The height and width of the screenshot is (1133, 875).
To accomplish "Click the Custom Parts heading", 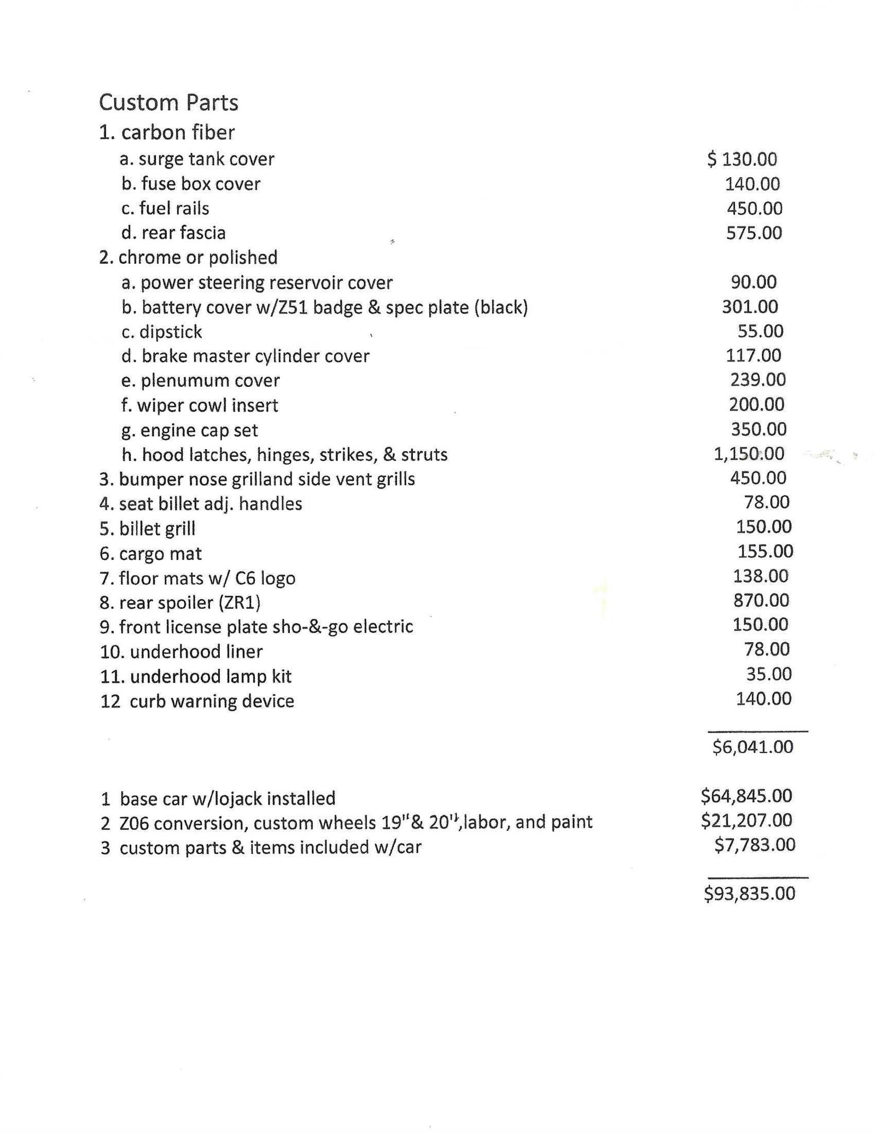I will click(168, 103).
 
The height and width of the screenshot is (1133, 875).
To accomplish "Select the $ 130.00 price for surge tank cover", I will click(742, 159).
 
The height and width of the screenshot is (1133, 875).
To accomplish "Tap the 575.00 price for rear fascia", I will click(754, 233).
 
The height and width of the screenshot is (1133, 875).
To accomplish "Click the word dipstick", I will click(171, 332).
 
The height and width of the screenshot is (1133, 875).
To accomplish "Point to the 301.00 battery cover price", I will click(750, 307).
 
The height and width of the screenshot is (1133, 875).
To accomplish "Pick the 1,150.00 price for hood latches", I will click(749, 454).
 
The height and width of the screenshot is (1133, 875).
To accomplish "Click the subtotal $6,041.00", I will click(752, 747).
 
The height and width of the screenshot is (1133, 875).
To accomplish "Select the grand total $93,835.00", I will click(749, 894).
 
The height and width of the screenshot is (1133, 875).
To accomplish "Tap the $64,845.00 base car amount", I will click(746, 795).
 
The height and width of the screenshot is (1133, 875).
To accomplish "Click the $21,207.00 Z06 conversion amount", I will click(746, 820).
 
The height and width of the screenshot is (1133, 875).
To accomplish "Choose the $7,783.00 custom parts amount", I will click(755, 845).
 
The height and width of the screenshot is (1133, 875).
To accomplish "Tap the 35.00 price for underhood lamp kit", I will click(769, 674).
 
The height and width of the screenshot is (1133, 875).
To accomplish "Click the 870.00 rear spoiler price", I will click(761, 601).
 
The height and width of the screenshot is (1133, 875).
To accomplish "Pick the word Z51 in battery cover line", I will click(291, 307).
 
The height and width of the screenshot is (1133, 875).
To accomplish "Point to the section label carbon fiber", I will click(178, 132).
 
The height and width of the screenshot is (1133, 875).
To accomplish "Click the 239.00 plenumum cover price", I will click(757, 380).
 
